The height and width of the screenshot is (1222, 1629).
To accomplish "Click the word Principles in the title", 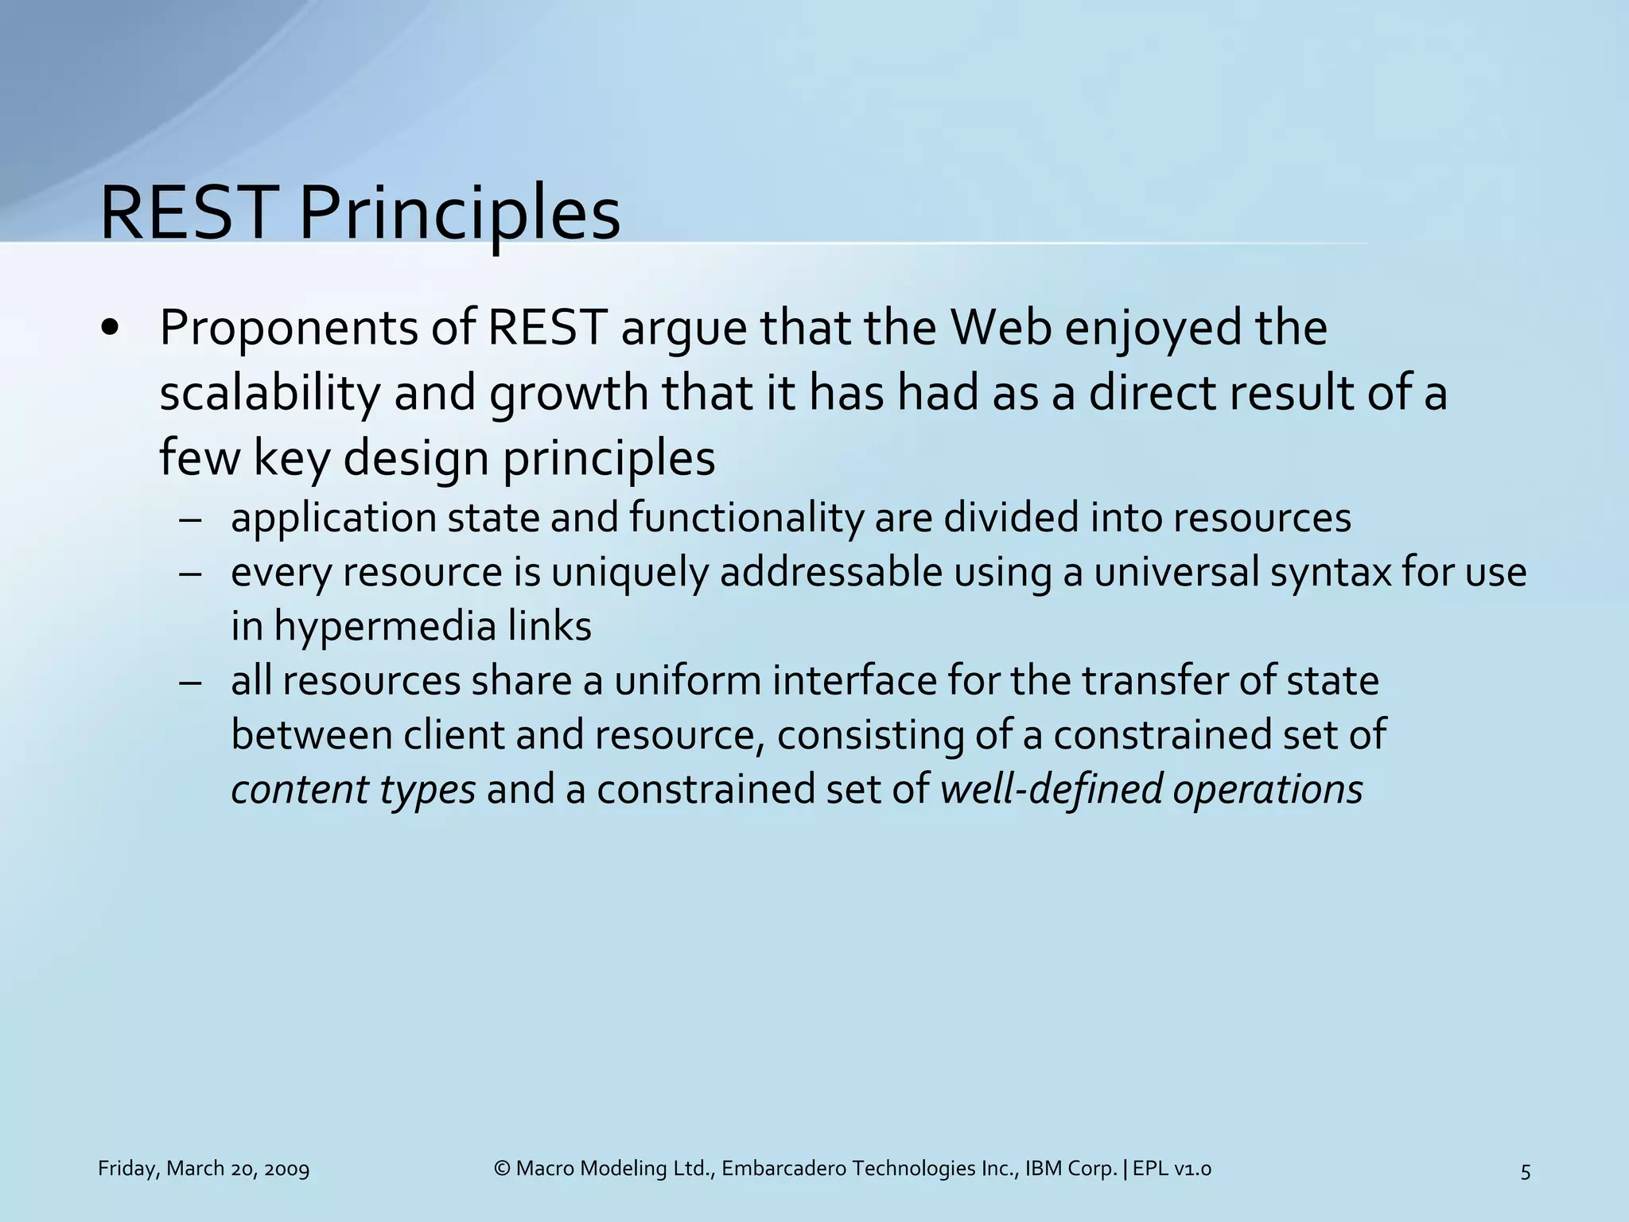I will pos(459,215).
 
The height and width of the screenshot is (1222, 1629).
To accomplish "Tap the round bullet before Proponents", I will pos(111,329).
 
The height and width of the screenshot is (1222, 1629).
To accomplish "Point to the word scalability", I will pos(270,394).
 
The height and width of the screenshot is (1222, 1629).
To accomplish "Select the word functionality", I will pos(746,518).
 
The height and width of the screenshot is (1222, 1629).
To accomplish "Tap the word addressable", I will pos(830,573).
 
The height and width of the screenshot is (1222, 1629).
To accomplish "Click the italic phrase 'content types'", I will pos(353,790).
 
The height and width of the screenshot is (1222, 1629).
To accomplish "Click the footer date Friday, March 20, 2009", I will pos(204,1169).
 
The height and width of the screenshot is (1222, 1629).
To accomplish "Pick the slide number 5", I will pos(1525,1171).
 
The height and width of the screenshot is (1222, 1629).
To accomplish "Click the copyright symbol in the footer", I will pos(502,1169).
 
